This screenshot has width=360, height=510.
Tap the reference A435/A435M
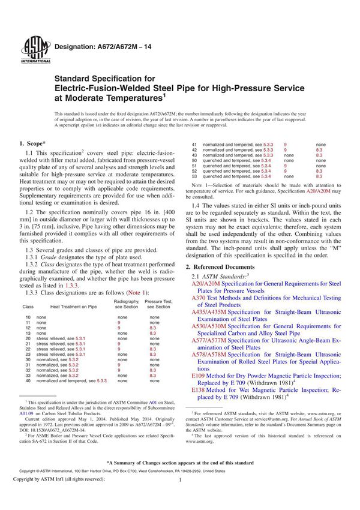pos(209,313)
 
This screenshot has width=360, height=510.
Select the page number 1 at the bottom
pos(180,497)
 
